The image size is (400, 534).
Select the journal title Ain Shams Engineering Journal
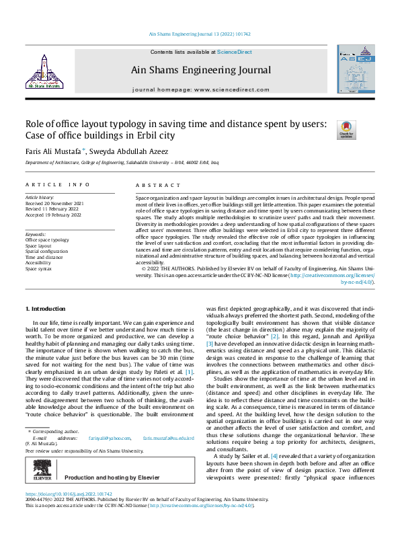click(x=201, y=70)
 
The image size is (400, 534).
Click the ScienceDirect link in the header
click(x=233, y=52)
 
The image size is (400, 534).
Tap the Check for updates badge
click(x=346, y=130)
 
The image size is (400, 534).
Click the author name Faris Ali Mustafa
click(x=52, y=151)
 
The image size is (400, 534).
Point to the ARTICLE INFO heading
click(x=57, y=184)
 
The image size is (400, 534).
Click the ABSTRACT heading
click(x=158, y=184)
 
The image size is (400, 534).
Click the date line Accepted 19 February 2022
click(x=54, y=215)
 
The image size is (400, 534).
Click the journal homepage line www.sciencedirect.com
click(x=200, y=89)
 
